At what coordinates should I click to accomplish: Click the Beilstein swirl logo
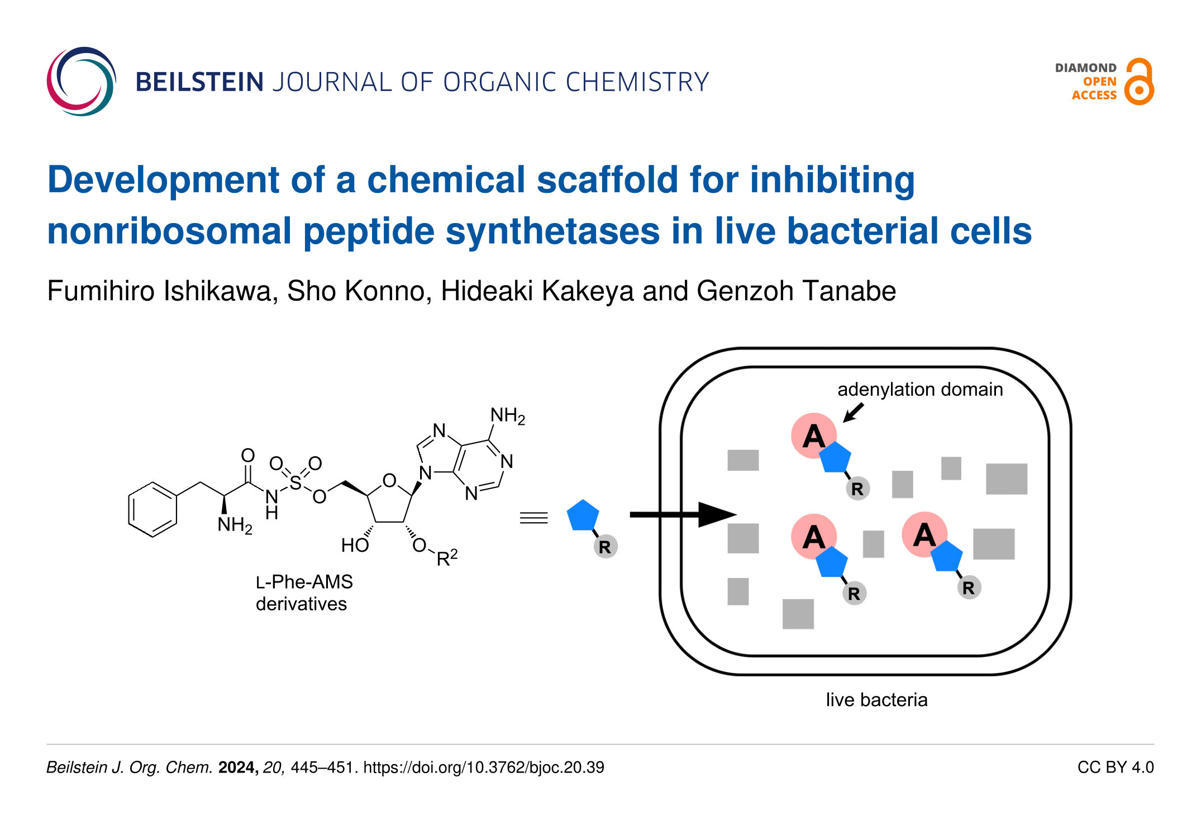tap(82, 82)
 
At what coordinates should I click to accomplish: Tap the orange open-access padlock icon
tap(1139, 82)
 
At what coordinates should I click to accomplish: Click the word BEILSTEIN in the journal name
tap(199, 82)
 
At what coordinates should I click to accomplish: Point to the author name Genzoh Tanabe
tap(796, 291)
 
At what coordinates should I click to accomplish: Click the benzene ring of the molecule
tap(152, 510)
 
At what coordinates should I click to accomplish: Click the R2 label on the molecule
tap(447, 558)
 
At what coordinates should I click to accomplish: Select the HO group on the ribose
tap(355, 545)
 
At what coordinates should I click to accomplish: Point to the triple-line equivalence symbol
tap(533, 518)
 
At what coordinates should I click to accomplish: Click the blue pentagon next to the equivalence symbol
tap(583, 515)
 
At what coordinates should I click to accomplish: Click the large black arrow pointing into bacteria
tap(681, 514)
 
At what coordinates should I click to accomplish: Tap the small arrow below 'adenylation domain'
tap(853, 413)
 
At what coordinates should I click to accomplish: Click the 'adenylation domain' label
tap(919, 389)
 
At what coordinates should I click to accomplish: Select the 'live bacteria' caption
tap(876, 700)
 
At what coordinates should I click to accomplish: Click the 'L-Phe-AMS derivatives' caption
tap(304, 593)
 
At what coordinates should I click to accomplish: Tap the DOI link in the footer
tap(483, 768)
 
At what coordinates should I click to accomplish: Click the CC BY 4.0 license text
tap(1115, 768)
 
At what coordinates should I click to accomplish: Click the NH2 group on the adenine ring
tap(507, 416)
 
